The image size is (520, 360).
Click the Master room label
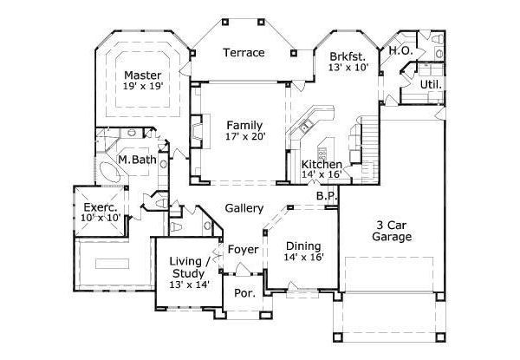(x=143, y=75)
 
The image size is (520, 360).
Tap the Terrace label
(x=244, y=53)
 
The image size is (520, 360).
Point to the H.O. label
(x=400, y=51)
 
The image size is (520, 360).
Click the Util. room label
(x=431, y=85)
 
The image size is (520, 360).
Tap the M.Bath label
(x=136, y=160)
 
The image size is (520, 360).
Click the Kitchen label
(x=321, y=164)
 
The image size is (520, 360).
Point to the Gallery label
(x=244, y=209)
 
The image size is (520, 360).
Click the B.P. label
(x=326, y=197)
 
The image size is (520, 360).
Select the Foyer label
(x=244, y=250)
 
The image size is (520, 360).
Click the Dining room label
(x=303, y=245)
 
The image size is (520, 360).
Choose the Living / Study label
(x=188, y=268)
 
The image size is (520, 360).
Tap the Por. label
(x=244, y=293)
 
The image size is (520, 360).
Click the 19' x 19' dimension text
(x=143, y=87)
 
